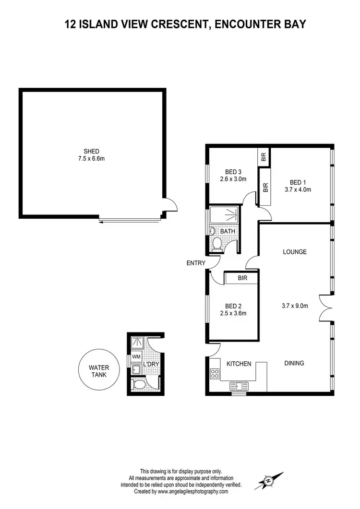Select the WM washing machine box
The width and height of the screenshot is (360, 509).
pyautogui.click(x=136, y=357)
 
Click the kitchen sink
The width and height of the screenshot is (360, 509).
pyautogui.click(x=239, y=386)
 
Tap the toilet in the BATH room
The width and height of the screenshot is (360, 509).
pyautogui.click(x=217, y=244)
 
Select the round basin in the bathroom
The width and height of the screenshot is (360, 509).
pyautogui.click(x=212, y=231)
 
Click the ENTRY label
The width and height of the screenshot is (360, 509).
pyautogui.click(x=196, y=263)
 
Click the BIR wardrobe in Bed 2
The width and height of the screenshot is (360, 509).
pyautogui.click(x=242, y=278)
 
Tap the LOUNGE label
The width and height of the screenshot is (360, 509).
pyautogui.click(x=295, y=252)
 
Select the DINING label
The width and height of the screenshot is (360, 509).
pyautogui.click(x=294, y=363)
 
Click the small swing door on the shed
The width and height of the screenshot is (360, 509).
pyautogui.click(x=170, y=205)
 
